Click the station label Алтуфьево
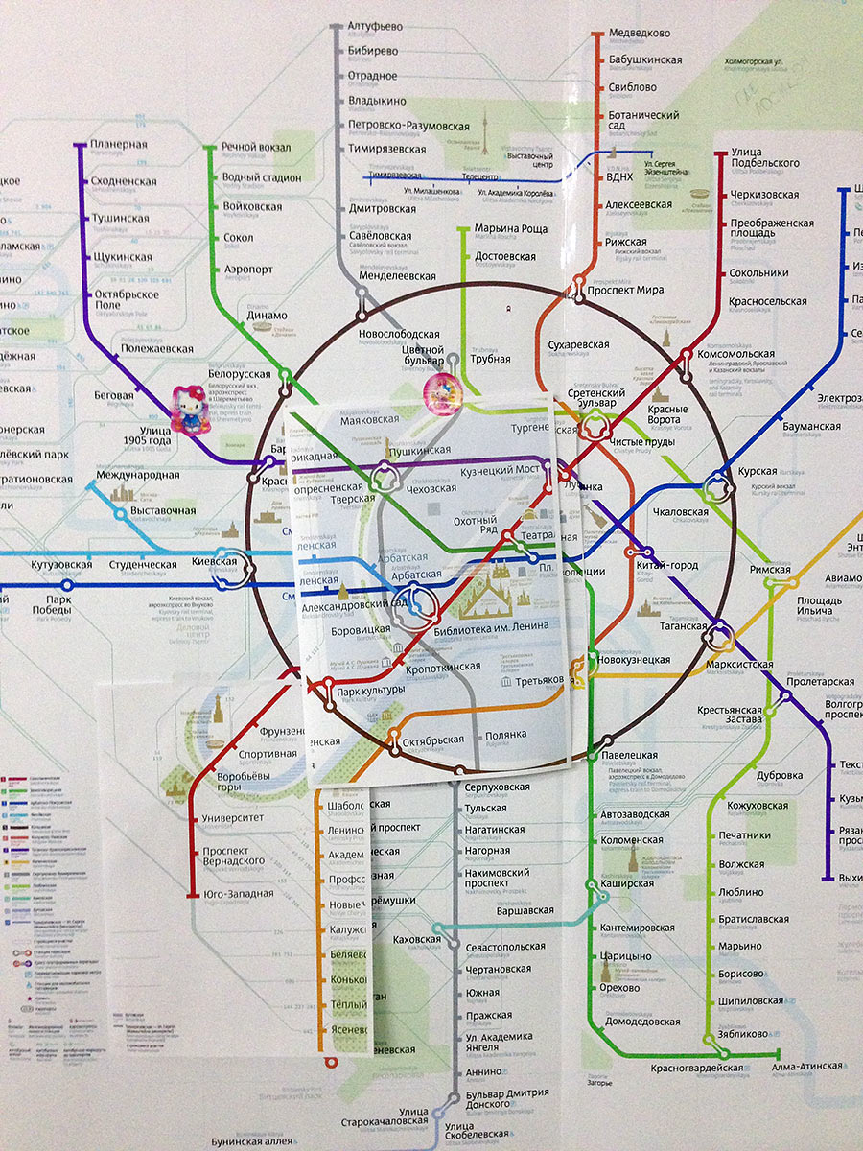[377, 26]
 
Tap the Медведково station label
[639, 33]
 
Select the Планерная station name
[119, 145]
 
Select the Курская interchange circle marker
[716, 490]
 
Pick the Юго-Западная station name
[239, 894]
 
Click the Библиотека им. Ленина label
[492, 626]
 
